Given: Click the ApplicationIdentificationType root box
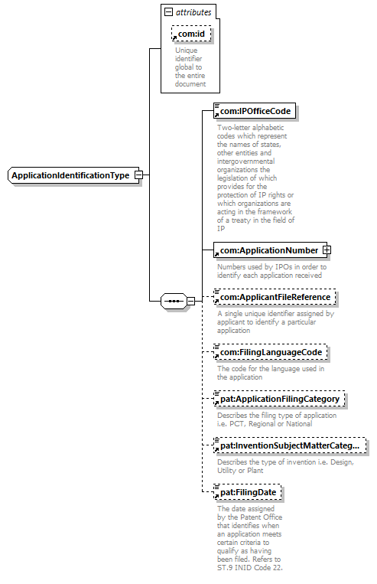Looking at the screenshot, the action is click(73, 175).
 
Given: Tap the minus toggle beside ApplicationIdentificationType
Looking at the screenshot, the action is click(138, 175).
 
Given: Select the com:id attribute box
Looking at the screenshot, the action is click(191, 34).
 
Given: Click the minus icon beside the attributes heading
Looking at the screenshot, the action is click(168, 12).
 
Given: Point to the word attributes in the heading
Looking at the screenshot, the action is click(193, 12).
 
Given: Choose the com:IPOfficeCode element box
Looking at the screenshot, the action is click(255, 111).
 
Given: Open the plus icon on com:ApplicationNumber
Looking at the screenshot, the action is click(327, 250).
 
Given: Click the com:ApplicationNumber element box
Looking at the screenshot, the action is click(270, 250).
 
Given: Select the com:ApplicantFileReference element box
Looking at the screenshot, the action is click(275, 297).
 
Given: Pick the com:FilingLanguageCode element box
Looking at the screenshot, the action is click(271, 352).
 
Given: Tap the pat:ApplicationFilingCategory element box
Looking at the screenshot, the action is click(279, 399).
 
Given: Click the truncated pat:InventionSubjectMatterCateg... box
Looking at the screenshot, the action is click(290, 445).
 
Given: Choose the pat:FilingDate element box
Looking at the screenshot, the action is click(248, 492).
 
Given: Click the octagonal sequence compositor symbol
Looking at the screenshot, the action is click(174, 301).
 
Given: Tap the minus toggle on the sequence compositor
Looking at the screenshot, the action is click(190, 301).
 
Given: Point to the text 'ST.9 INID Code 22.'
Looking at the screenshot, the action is click(250, 568).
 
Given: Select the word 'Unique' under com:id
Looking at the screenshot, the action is click(187, 51).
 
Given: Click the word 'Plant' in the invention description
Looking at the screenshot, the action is click(255, 471).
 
